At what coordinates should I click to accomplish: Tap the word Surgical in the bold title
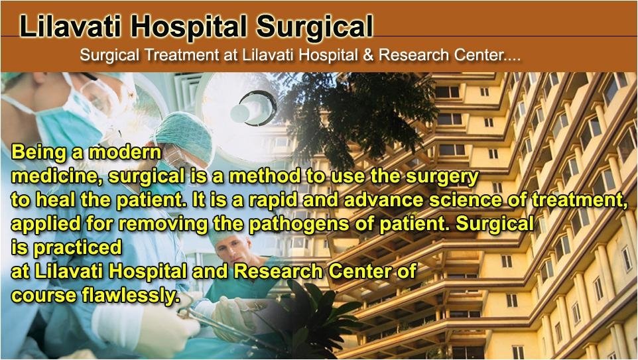314,27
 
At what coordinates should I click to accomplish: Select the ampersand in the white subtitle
368,55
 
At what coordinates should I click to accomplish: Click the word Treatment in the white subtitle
182,55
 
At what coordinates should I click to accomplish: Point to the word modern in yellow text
125,152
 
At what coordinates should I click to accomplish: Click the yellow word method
265,176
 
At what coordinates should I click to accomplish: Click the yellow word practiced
78,248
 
